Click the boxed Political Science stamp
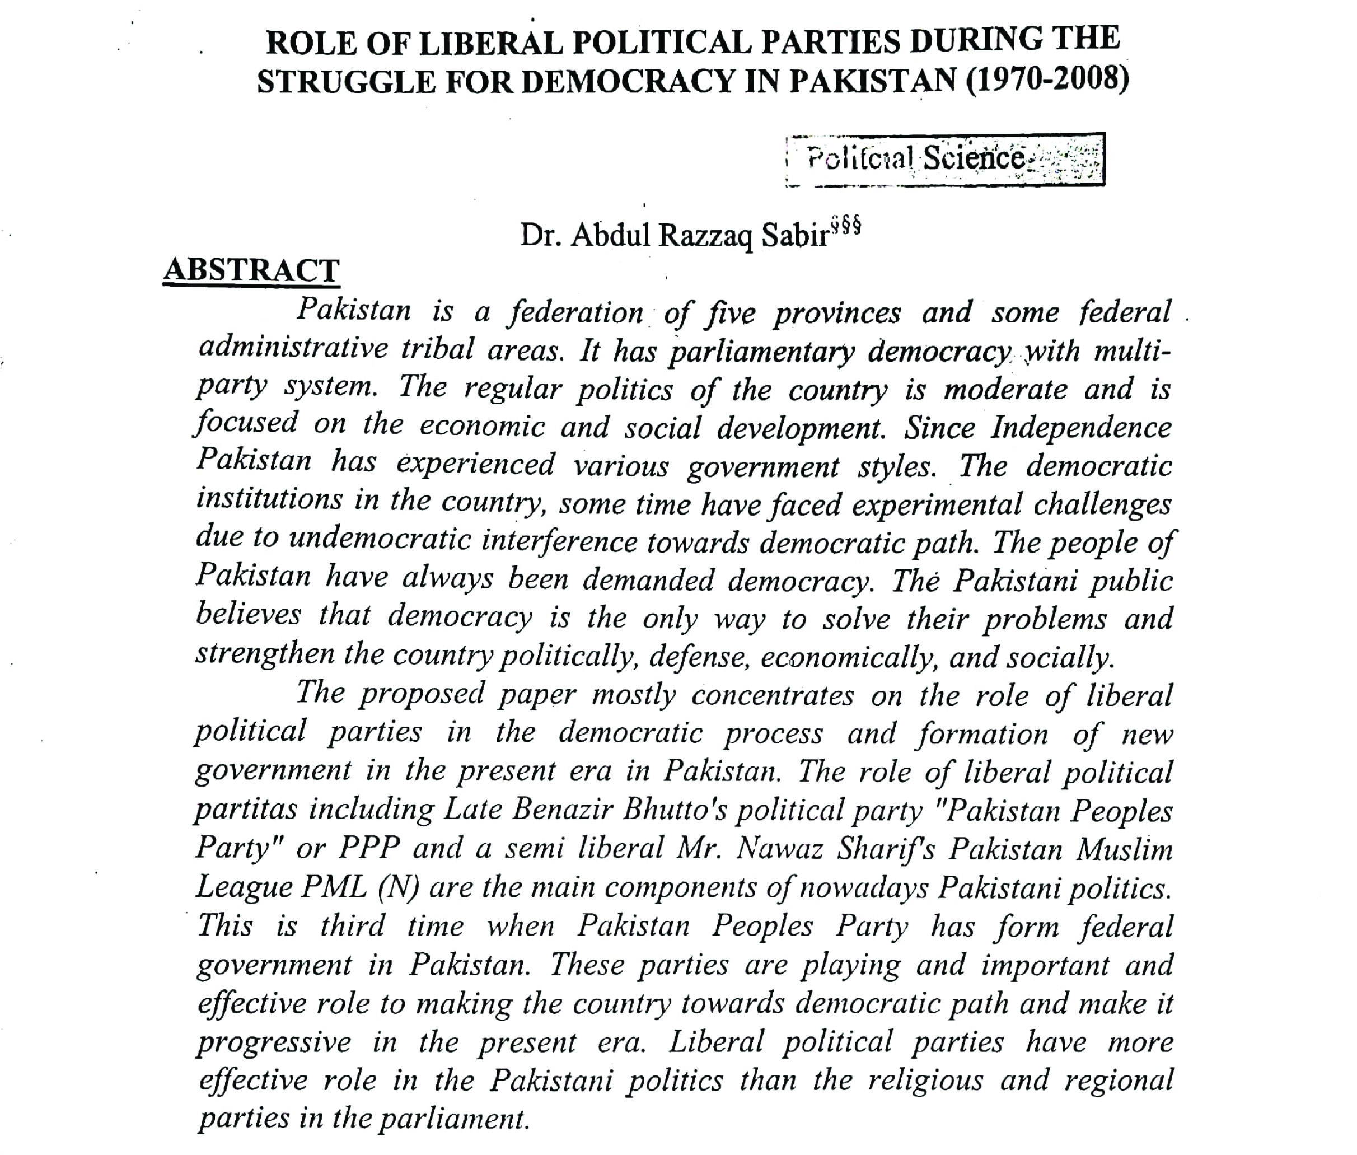pos(945,159)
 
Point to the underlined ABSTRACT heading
pos(251,270)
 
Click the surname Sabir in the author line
pos(795,236)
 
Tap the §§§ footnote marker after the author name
pos(845,227)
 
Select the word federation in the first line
pos(576,312)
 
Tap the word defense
pos(699,656)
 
